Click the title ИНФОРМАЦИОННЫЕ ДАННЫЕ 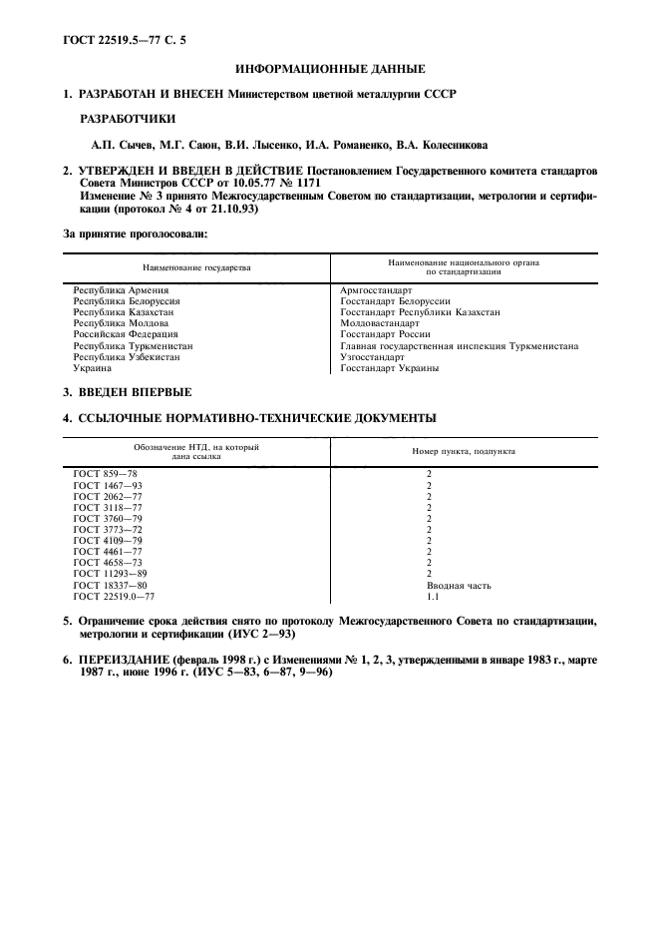coord(329,69)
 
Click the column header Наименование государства coord(196,267)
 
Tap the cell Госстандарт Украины coord(389,367)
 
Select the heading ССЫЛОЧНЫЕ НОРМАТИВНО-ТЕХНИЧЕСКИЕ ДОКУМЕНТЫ coord(257,418)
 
